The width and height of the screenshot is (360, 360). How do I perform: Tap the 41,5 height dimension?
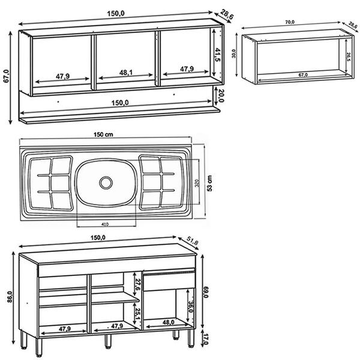pyautogui.click(x=218, y=57)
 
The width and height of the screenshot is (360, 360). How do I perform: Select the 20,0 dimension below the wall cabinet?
pyautogui.click(x=221, y=95)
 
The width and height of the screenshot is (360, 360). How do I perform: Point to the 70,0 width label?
pyautogui.click(x=290, y=22)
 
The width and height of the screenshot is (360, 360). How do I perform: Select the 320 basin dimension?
pyautogui.click(x=196, y=184)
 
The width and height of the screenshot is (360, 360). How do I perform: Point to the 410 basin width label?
pyautogui.click(x=105, y=224)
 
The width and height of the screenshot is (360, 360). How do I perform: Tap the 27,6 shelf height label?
pyautogui.click(x=137, y=284)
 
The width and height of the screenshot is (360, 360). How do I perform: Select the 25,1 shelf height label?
pyautogui.click(x=137, y=314)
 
